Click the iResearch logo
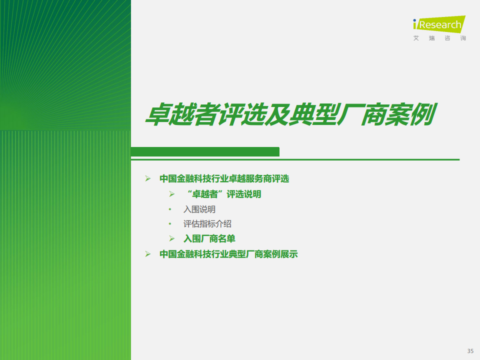[439, 24]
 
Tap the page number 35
[470, 351]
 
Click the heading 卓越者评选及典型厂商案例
[291, 115]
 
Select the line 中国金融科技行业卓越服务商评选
[224, 178]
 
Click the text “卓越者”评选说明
[224, 194]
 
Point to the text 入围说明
[199, 209]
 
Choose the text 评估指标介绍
[207, 224]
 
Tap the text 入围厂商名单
[209, 239]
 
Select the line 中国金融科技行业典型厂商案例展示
[228, 254]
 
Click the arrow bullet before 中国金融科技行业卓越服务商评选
[148, 178]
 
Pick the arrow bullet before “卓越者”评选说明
[171, 194]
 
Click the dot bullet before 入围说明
[170, 209]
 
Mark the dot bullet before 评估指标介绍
[170, 224]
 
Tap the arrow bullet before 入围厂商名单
[171, 239]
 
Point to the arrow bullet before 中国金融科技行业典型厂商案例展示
[148, 254]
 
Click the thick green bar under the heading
[205, 152]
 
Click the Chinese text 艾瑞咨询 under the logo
[439, 38]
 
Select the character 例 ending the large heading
[424, 114]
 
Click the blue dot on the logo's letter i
[415, 20]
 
